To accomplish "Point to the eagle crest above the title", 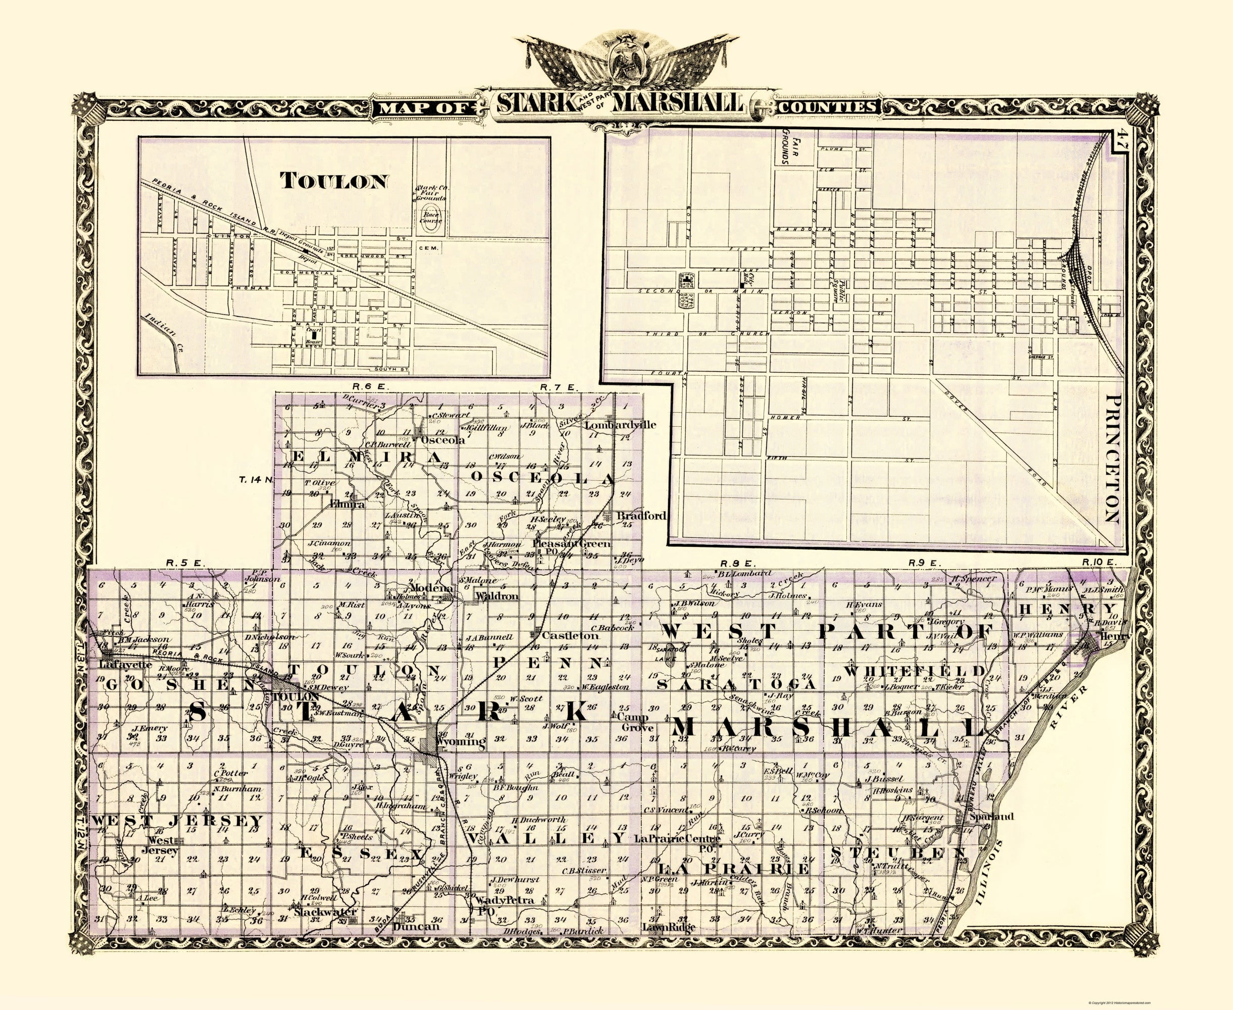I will tap(619, 61).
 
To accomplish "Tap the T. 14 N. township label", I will tap(256, 480).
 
